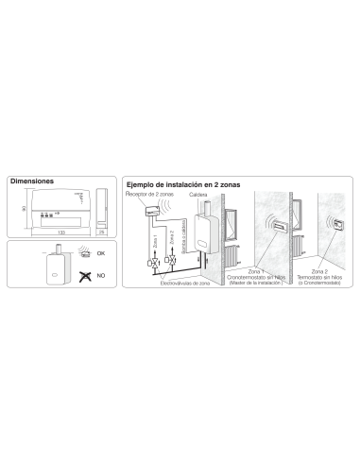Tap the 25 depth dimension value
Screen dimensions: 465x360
point(101,230)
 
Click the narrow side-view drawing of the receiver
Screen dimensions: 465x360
point(101,208)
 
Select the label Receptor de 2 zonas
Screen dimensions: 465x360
point(147,192)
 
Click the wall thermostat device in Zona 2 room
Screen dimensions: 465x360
point(336,228)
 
